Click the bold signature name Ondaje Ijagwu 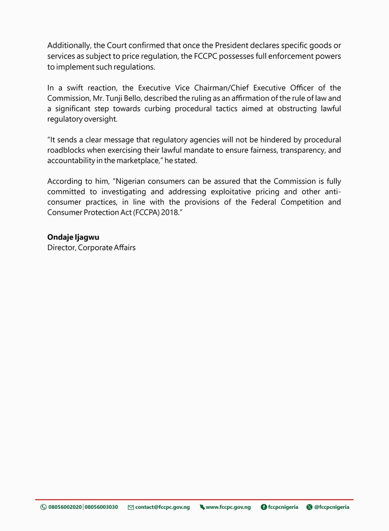point(73,238)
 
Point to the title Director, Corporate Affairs point(92,248)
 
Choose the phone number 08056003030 point(101,507)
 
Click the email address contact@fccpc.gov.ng point(162,507)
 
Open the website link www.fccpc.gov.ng point(228,507)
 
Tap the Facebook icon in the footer point(264,507)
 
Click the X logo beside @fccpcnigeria point(309,507)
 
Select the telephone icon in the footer point(43,507)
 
